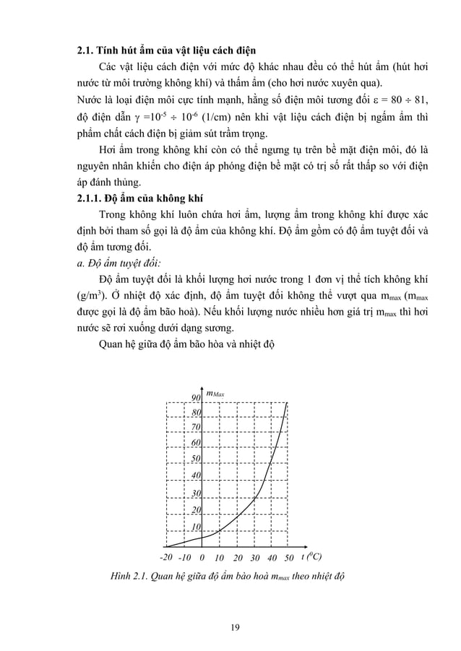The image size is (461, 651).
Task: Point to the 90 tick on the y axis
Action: [196, 398]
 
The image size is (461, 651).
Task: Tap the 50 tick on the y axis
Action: [196, 458]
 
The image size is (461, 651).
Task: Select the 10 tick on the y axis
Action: [196, 527]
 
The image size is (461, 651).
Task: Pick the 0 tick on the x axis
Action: [202, 558]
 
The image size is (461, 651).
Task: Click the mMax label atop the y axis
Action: [216, 394]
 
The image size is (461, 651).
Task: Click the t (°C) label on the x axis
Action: [311, 557]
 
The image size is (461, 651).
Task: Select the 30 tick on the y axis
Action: [196, 494]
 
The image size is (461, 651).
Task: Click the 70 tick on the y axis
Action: [196, 427]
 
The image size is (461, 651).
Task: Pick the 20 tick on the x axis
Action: [237, 558]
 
